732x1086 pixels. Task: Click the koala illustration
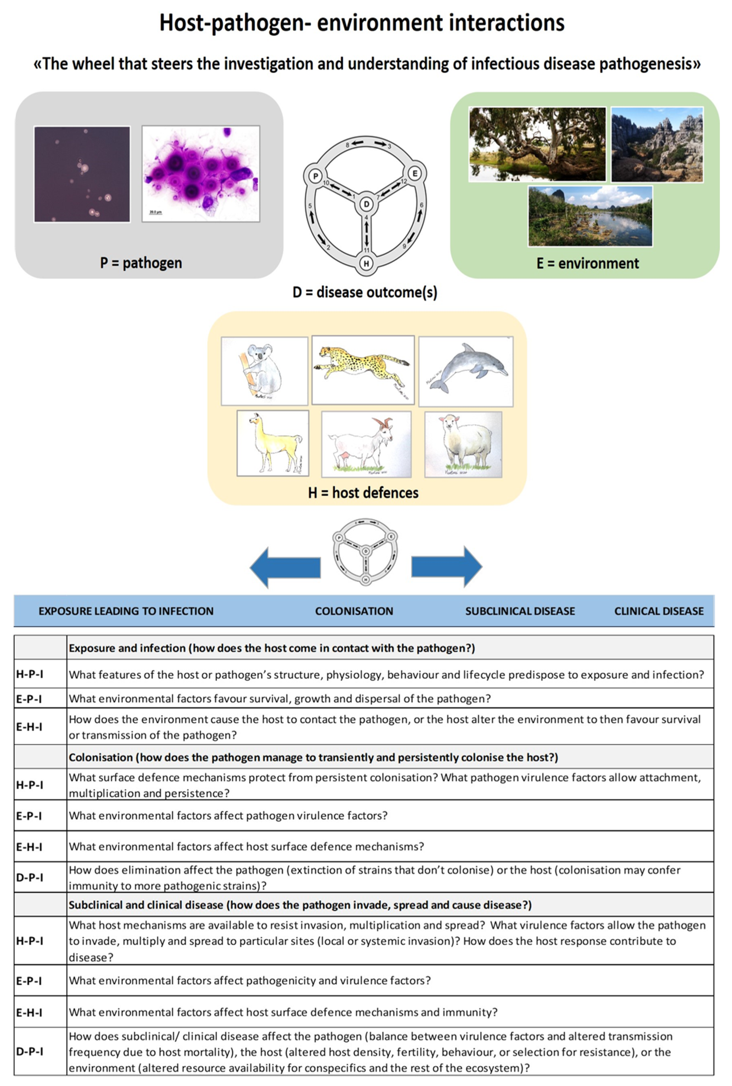tap(264, 371)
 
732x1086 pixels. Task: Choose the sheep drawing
tap(463, 444)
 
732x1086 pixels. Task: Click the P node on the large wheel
tap(316, 176)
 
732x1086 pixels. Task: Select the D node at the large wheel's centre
tap(366, 204)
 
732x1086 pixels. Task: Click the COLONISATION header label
tap(354, 611)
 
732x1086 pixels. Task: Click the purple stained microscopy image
tap(201, 173)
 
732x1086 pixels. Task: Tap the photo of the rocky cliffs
tap(657, 145)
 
